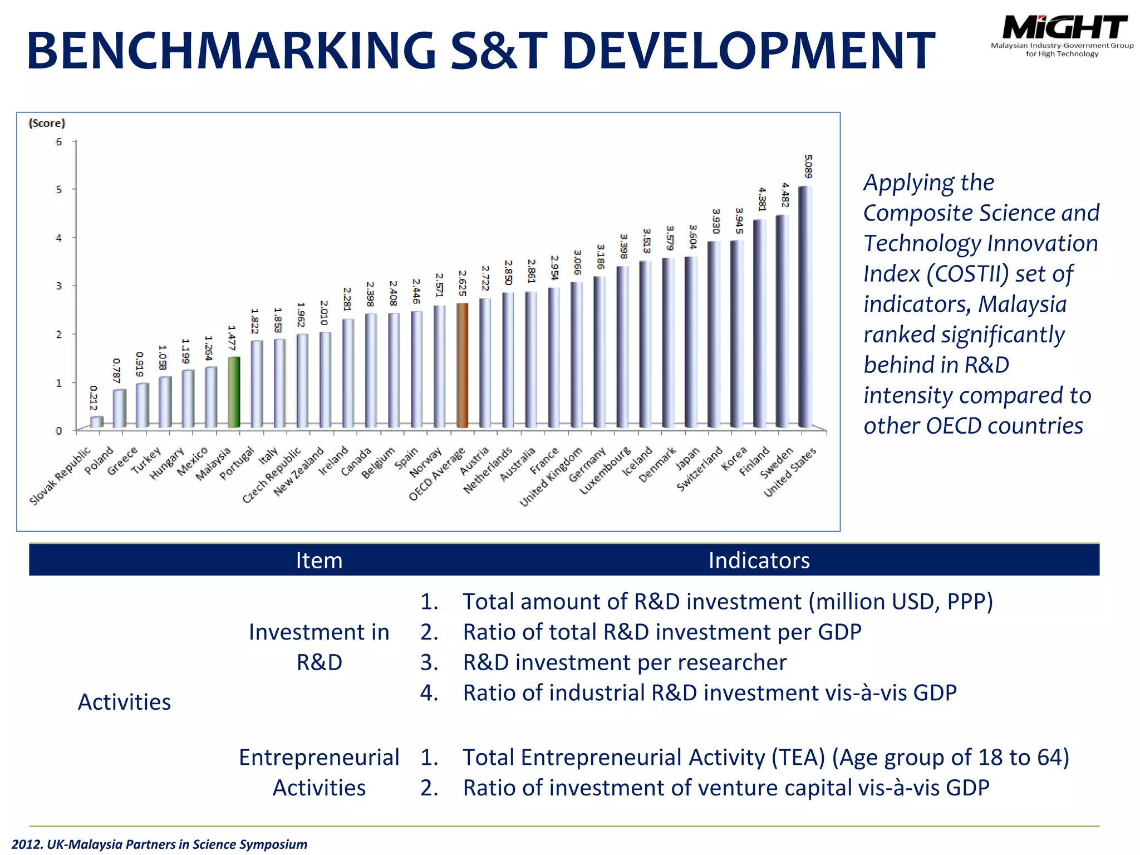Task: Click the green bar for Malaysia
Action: (x=234, y=392)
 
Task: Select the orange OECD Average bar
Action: (x=463, y=365)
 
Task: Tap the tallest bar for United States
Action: (x=805, y=307)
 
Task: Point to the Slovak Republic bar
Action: (x=96, y=422)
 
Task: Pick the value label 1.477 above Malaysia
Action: (x=232, y=338)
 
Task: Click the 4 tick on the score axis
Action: (x=59, y=238)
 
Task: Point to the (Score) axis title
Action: (x=47, y=123)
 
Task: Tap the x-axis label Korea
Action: (x=734, y=459)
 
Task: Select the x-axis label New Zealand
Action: (x=299, y=471)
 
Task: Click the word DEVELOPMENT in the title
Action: (x=749, y=51)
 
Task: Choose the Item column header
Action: (x=319, y=560)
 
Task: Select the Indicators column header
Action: (x=759, y=560)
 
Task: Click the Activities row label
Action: (x=124, y=702)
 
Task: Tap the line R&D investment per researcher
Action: (x=625, y=662)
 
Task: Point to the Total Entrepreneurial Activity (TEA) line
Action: (x=765, y=758)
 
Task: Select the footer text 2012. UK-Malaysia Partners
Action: (x=159, y=844)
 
